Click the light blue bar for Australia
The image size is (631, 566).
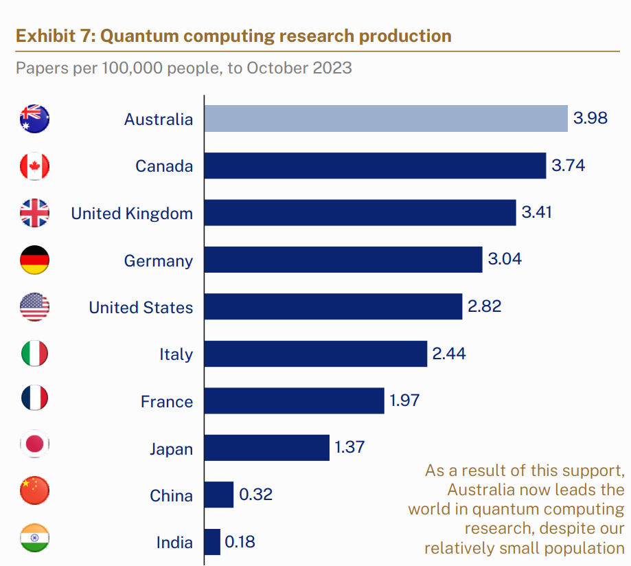(386, 118)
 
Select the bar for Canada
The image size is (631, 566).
(375, 166)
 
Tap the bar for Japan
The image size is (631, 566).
(266, 448)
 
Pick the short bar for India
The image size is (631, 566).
(212, 542)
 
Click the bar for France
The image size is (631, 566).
(294, 400)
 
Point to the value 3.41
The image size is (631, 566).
(536, 213)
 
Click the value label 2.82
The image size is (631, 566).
(484, 307)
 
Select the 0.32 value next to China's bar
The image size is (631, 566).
(255, 495)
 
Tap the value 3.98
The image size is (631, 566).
(590, 118)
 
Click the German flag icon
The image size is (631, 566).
(34, 260)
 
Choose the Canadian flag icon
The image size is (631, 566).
(34, 166)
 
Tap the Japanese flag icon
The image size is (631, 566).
(34, 444)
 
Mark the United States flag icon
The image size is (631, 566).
(34, 307)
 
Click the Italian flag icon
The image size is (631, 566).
(34, 354)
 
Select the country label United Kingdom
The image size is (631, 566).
(132, 214)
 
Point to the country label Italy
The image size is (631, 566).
(176, 355)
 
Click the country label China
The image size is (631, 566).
(171, 496)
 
